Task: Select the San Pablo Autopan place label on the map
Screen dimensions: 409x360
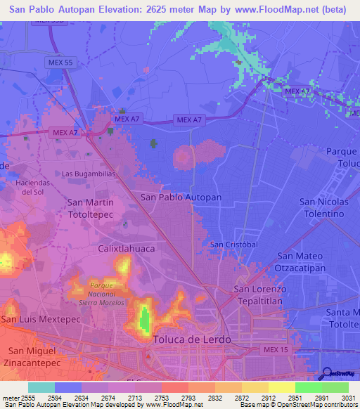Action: pos(181,197)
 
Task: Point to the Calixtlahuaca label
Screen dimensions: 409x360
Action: pos(126,249)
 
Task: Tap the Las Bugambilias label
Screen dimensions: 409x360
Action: pos(88,173)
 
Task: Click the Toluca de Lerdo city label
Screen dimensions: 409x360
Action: pos(188,339)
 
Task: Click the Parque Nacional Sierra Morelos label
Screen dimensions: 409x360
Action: pos(106,294)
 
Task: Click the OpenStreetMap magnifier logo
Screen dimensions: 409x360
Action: pos(326,373)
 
